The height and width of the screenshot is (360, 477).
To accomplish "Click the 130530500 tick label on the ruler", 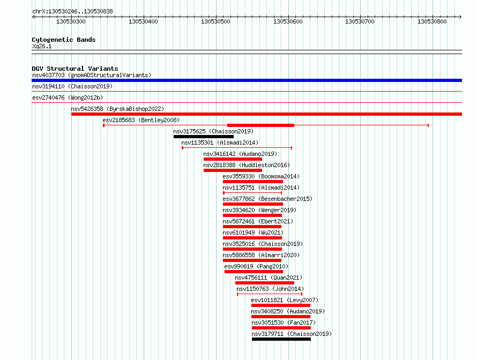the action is coord(215,21).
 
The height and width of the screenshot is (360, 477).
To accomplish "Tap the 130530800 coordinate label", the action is coord(432,21).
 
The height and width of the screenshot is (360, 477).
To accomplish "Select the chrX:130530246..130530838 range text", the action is coord(72,11).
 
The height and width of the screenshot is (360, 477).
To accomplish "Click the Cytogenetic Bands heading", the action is coord(64,40).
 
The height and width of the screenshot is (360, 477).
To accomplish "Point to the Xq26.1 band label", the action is coord(42,46).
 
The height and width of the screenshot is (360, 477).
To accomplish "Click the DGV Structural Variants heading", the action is coord(75,69).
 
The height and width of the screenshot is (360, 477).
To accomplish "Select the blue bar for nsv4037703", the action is coord(247,80).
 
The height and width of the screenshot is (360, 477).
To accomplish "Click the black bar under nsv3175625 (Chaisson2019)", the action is coord(204,137).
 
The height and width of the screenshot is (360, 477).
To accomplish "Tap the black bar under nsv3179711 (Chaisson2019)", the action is coord(281,339).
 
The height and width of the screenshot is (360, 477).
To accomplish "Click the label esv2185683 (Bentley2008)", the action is coord(141,120).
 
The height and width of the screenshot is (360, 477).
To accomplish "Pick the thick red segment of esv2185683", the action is coord(260,125).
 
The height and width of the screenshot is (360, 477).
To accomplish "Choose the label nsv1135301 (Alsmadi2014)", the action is coord(220,142).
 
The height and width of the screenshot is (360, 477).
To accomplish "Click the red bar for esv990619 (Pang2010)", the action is coord(254,272).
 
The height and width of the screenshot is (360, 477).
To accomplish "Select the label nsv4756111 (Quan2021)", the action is coord(269,277).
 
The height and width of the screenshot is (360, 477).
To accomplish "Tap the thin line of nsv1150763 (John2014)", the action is coord(270,294).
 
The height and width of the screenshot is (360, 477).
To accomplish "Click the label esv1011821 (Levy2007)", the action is coord(285,300).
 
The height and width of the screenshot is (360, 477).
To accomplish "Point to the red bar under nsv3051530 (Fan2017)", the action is coord(281,328).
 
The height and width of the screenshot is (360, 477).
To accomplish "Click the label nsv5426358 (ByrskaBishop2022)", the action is coord(117,109).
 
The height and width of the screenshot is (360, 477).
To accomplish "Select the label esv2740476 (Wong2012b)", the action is coord(68,97).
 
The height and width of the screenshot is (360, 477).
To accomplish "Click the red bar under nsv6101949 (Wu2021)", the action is coord(252,238).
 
